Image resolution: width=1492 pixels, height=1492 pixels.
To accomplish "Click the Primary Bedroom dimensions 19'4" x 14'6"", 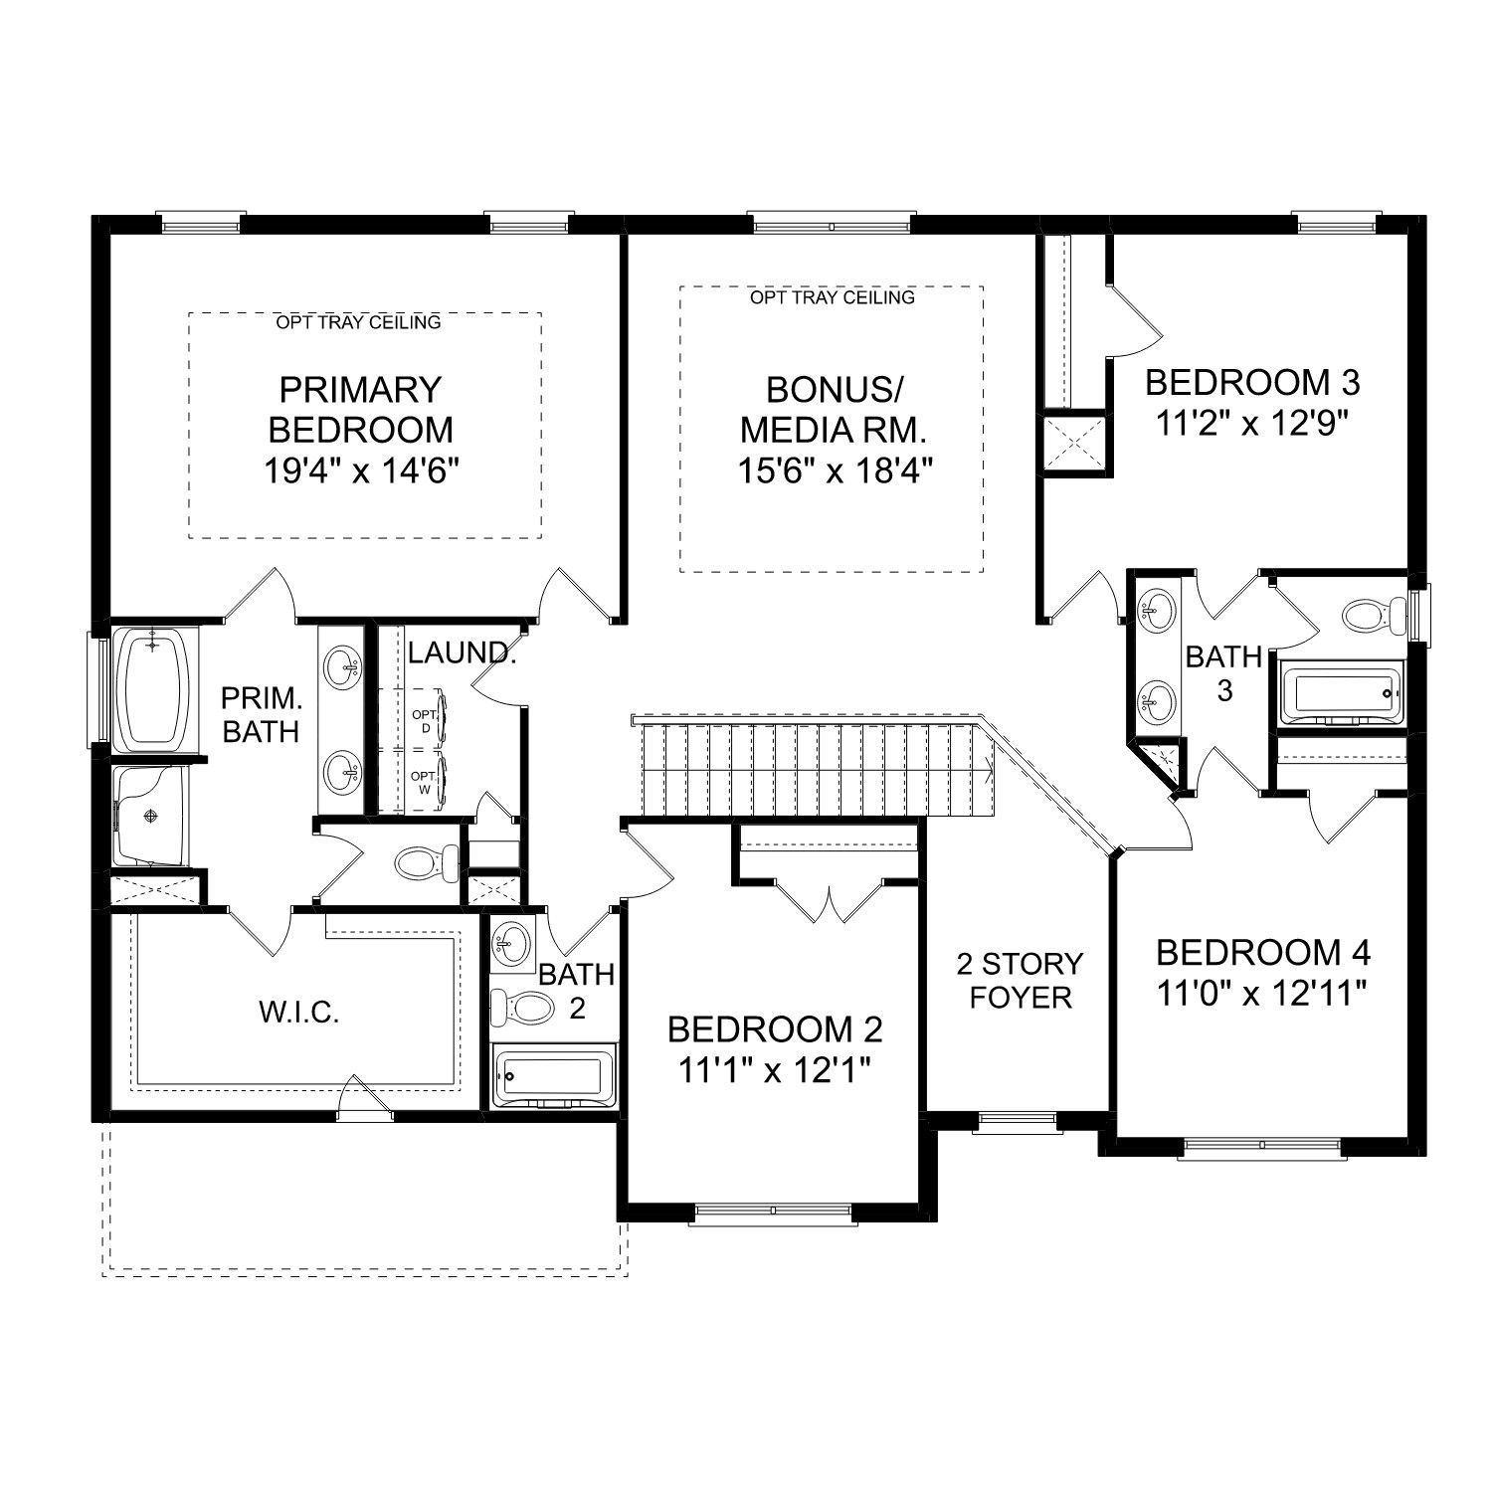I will pyautogui.click(x=360, y=471).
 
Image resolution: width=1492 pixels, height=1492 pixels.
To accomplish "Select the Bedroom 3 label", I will pyautogui.click(x=1252, y=382).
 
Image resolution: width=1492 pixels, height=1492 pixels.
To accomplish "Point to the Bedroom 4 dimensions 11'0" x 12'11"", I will pyautogui.click(x=1263, y=993).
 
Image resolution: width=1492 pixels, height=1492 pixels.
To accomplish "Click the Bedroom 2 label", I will pyautogui.click(x=775, y=1027).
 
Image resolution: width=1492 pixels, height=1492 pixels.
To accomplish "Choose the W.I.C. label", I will pyautogui.click(x=299, y=1013).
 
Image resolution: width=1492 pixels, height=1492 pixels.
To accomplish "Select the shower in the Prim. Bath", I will pyautogui.click(x=149, y=816).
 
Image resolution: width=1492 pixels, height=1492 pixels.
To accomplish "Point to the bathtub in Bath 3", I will pyautogui.click(x=1340, y=693).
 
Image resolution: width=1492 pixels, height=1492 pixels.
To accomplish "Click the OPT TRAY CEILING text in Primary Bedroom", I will pyautogui.click(x=359, y=322).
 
